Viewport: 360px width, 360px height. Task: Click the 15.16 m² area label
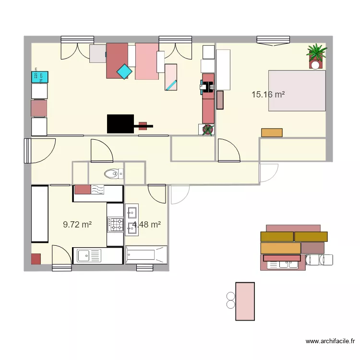(268, 95)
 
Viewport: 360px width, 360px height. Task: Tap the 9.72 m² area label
(77, 224)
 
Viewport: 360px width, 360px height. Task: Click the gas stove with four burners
(115, 224)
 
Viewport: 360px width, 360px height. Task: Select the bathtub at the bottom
(146, 255)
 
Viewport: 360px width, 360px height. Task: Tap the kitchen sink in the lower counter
(87, 256)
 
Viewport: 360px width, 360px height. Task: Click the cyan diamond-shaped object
(124, 72)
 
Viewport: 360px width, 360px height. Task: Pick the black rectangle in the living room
(120, 123)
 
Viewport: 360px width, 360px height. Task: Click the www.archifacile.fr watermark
(330, 341)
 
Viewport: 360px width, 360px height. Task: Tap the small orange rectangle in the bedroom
(272, 132)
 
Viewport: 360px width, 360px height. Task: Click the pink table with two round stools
(245, 301)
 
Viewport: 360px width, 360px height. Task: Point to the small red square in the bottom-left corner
(36, 259)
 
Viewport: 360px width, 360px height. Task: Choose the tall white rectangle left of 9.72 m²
(40, 214)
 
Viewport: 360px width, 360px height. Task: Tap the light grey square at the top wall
(98, 53)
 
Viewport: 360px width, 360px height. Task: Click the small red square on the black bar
(143, 126)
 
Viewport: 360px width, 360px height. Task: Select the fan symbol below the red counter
(208, 130)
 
